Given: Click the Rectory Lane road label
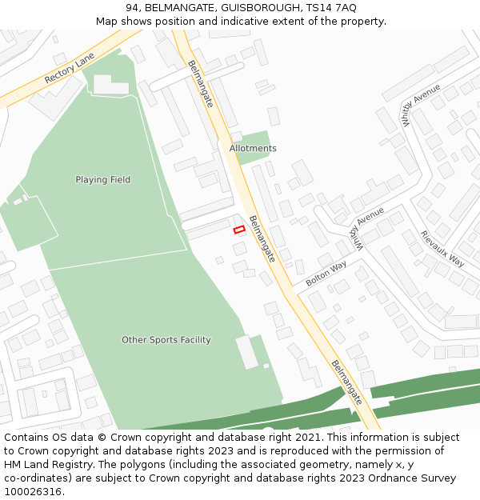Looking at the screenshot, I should pyautogui.click(x=70, y=69).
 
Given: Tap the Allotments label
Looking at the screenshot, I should pyautogui.click(x=253, y=149).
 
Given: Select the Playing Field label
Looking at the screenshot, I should pyautogui.click(x=102, y=180).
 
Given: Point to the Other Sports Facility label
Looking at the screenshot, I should pyautogui.click(x=166, y=340).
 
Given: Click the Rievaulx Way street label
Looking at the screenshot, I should pyautogui.click(x=442, y=249).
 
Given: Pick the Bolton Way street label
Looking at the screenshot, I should pyautogui.click(x=326, y=272).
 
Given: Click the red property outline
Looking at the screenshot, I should pyautogui.click(x=238, y=230).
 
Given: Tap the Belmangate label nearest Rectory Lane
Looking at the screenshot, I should pyautogui.click(x=200, y=84).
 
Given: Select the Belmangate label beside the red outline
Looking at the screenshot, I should pyautogui.click(x=262, y=238).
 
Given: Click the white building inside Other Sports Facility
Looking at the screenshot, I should pyautogui.click(x=246, y=352).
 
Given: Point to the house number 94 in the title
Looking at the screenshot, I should pyautogui.click(x=132, y=8).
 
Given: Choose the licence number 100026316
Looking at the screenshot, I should pyautogui.click(x=34, y=492).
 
